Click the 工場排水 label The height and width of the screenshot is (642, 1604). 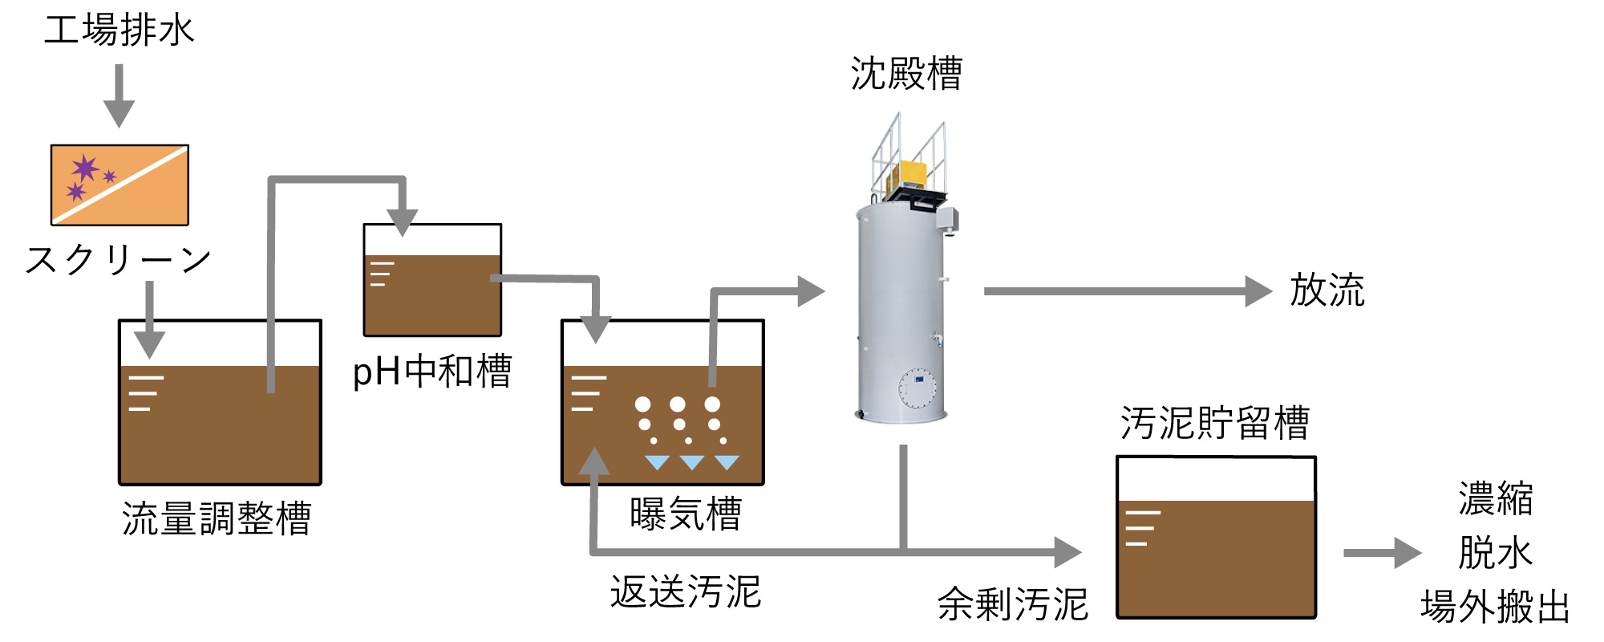coord(119,30)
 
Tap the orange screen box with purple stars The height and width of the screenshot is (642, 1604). coord(119,185)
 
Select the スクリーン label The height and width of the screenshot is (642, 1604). coord(119,260)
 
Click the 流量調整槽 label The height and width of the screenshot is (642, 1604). coord(217,518)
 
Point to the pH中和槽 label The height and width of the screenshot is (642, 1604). coord(432,372)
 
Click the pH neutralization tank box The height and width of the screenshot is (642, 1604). coord(432,280)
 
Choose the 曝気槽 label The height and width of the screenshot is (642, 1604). coord(686,514)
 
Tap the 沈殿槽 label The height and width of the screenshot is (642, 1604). coord(906,74)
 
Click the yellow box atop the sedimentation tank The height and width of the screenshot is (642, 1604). coord(913,173)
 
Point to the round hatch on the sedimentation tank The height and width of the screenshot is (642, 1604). coord(917,388)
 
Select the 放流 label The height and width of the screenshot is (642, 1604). coord(1327,290)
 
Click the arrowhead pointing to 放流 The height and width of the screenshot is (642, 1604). coord(1258,291)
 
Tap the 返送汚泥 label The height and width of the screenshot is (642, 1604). coord(686,592)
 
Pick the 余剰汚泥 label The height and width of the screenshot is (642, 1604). coord(1013,604)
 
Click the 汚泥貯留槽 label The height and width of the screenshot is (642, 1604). coord(1215,423)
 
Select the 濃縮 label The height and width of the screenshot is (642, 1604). coord(1496,498)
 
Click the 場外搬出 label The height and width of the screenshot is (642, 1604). coord(1496,607)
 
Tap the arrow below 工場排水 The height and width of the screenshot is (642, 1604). coord(119,95)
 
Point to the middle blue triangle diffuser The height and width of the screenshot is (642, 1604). coord(691,462)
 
